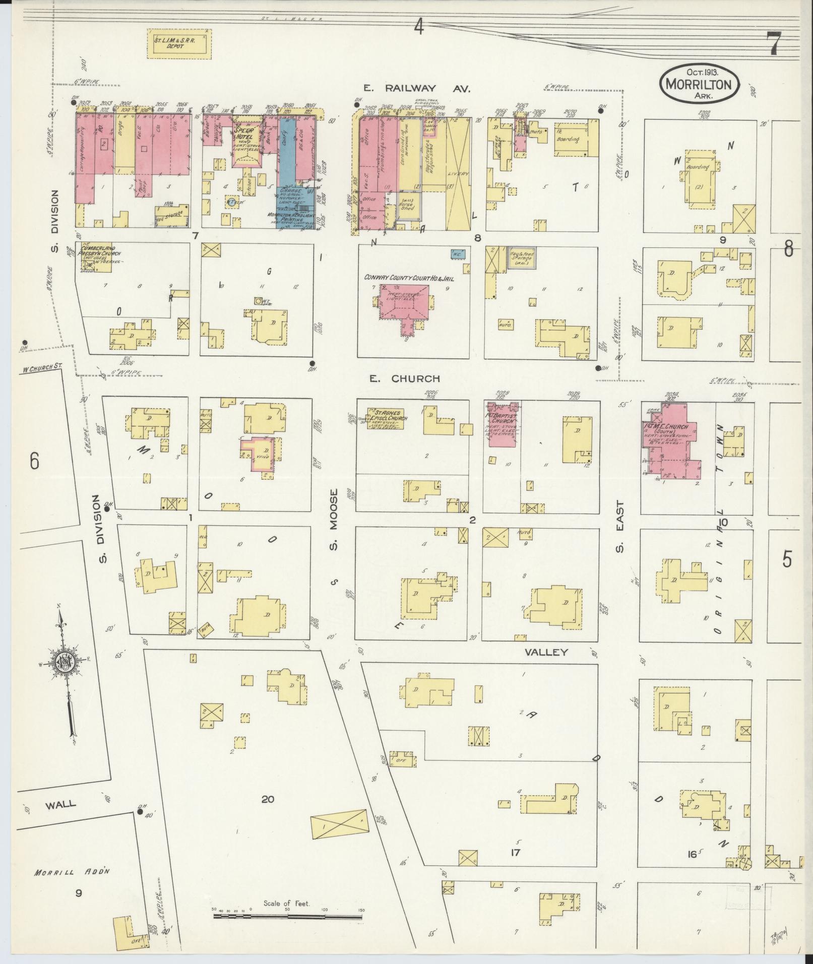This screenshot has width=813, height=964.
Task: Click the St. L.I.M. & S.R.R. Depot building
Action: [179, 43]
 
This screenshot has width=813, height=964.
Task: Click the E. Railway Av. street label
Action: [416, 89]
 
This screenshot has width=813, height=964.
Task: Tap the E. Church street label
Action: [405, 378]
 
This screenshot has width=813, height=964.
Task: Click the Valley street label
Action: [546, 652]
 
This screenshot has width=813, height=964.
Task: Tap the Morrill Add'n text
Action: [73, 872]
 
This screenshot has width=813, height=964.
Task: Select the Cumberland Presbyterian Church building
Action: [95, 257]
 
